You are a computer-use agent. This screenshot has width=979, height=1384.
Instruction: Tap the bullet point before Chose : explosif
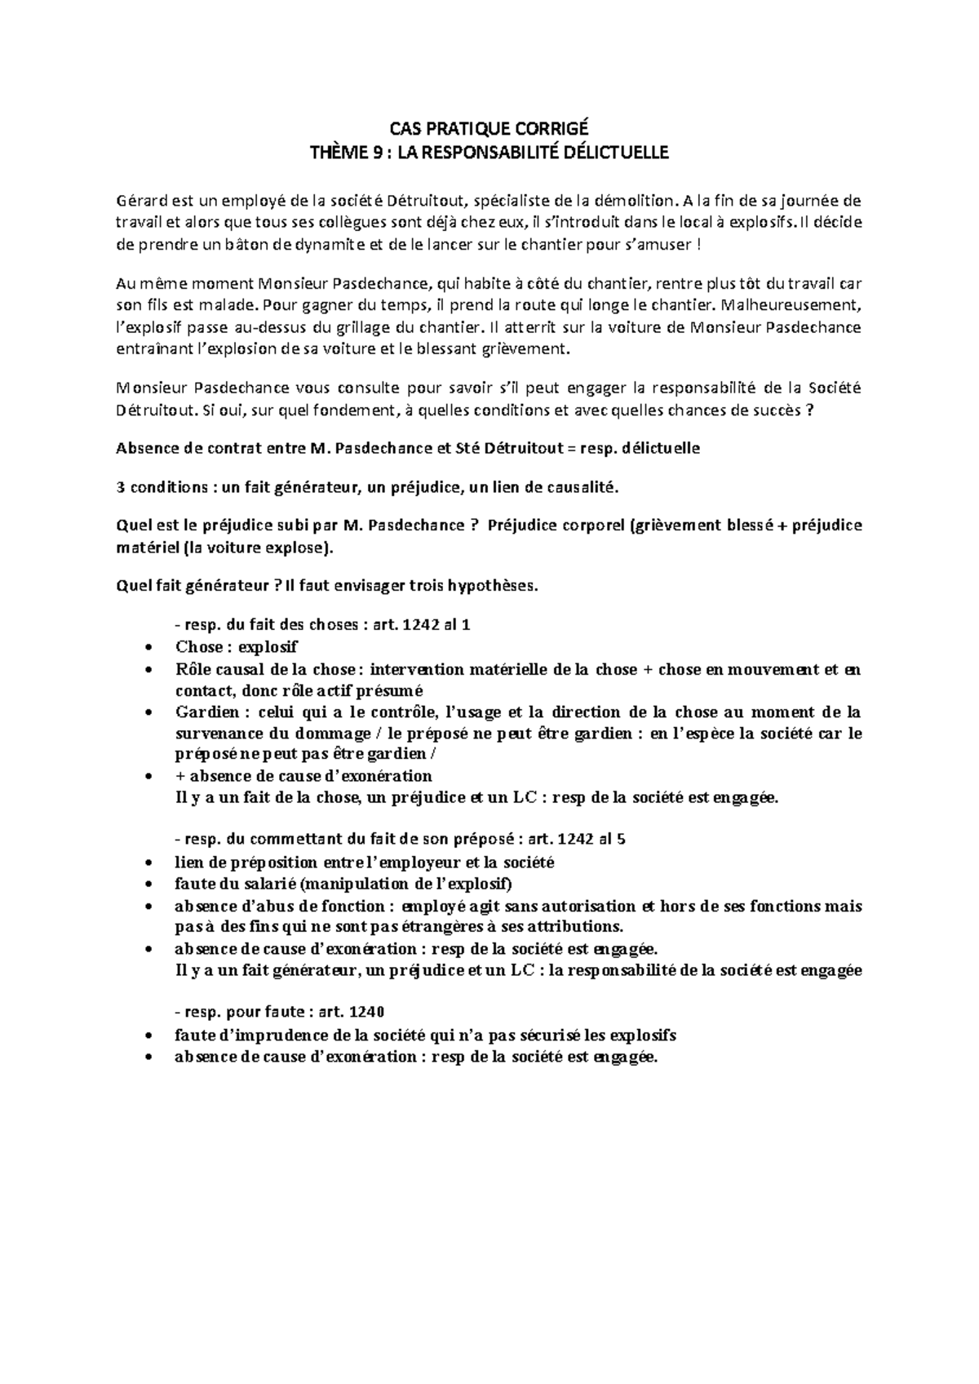pyautogui.click(x=147, y=648)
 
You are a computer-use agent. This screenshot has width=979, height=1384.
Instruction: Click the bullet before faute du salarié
pyautogui.click(x=147, y=885)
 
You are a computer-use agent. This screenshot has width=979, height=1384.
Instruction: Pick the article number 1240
pyautogui.click(x=365, y=1013)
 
